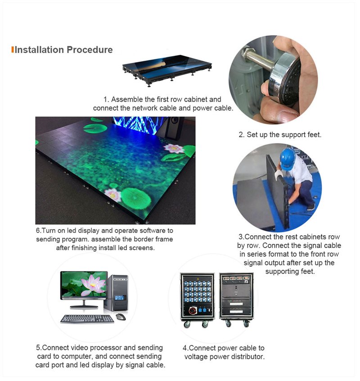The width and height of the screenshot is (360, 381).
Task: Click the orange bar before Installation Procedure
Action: (x=13, y=49)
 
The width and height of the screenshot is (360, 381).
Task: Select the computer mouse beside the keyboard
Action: (x=121, y=317)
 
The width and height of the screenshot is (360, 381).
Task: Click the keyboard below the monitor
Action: (x=87, y=319)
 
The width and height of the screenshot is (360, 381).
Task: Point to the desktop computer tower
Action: (x=116, y=293)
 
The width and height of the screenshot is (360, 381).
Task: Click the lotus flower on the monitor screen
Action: (x=93, y=285)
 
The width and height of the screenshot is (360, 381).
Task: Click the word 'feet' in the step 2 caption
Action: (x=315, y=134)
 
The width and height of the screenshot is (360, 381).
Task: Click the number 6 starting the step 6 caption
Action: (x=38, y=230)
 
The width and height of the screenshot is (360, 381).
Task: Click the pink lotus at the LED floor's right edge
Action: (x=174, y=148)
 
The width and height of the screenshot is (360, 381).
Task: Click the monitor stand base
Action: (x=84, y=307)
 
